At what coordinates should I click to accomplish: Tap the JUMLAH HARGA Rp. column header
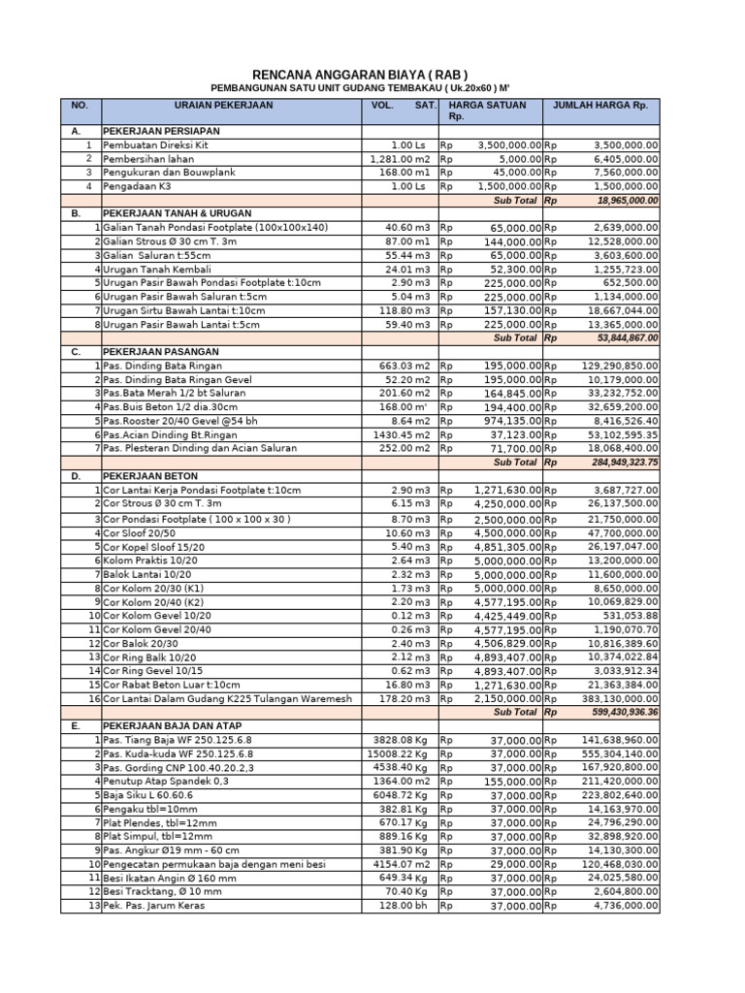click(x=599, y=105)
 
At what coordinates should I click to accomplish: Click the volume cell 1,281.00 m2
click(x=401, y=158)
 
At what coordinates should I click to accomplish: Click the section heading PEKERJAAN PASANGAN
click(x=161, y=352)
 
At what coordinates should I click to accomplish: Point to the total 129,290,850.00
click(x=612, y=366)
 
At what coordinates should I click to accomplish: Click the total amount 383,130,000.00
click(x=612, y=698)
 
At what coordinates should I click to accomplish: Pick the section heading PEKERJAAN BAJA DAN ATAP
click(x=172, y=725)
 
